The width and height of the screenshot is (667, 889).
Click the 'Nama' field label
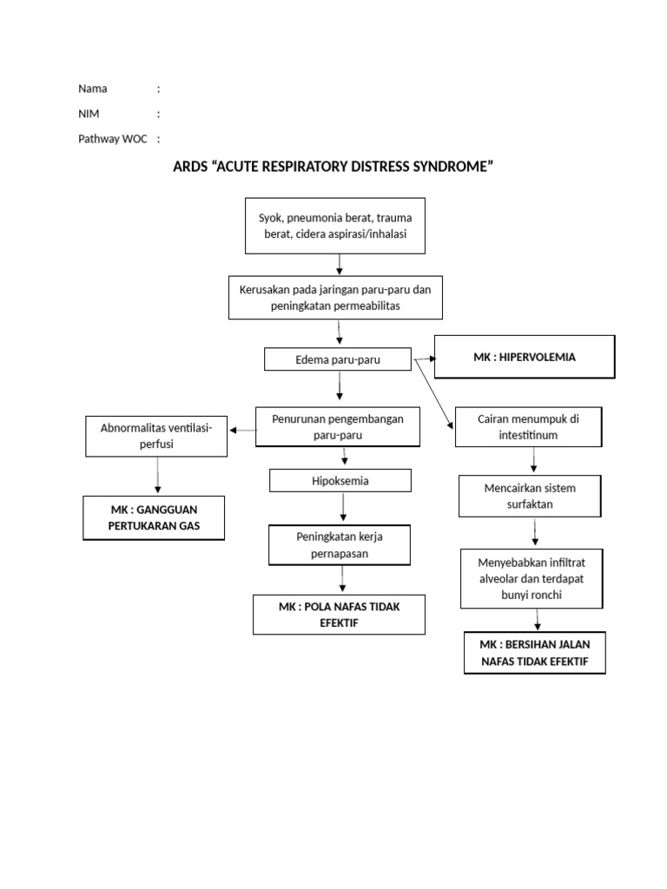tap(93, 89)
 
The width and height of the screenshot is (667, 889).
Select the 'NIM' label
tap(89, 114)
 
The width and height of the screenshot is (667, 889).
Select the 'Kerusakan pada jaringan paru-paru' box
tap(335, 298)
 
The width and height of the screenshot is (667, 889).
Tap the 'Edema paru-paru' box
tap(338, 359)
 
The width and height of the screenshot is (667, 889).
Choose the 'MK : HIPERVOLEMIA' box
tap(525, 357)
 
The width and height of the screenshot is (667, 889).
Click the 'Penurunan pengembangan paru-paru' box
tap(338, 425)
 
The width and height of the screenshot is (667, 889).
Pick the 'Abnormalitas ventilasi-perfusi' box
tap(157, 436)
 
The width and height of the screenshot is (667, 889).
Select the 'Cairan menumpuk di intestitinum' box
tap(528, 426)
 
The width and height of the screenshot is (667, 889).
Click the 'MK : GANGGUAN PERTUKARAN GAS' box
tap(153, 518)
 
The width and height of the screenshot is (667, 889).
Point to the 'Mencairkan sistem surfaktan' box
tap(530, 496)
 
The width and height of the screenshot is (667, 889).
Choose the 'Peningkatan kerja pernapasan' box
tap(339, 544)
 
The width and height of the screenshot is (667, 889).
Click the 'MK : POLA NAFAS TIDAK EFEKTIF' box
tap(340, 615)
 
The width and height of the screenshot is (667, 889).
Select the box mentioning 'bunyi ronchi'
tap(530, 577)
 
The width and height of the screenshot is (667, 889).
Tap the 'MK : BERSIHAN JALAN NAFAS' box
tap(535, 653)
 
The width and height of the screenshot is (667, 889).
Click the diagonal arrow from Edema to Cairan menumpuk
tap(433, 393)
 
